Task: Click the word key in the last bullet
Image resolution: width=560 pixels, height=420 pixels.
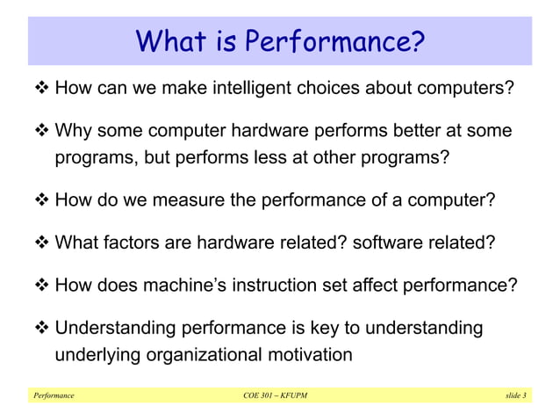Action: [x=330, y=329]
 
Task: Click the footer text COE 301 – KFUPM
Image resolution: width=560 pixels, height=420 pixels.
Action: [x=275, y=396]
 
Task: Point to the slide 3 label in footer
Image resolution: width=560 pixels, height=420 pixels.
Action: [x=515, y=396]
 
